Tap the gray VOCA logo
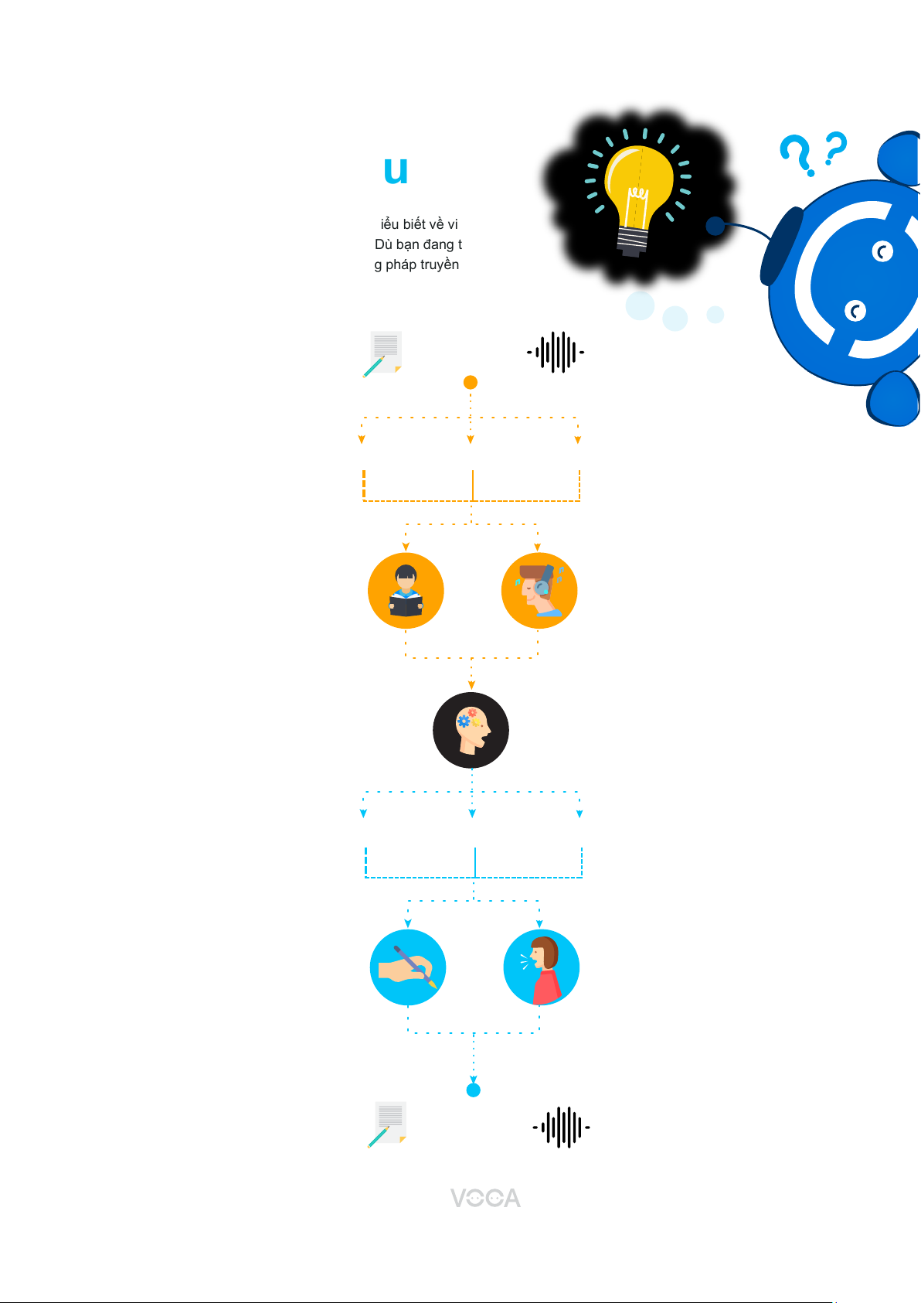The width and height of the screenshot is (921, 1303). point(485,1198)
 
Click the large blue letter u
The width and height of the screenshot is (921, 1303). point(396,171)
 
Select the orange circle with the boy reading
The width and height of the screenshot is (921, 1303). point(406,591)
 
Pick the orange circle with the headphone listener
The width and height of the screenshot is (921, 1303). point(539,591)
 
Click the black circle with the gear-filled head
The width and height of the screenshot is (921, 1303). point(471,730)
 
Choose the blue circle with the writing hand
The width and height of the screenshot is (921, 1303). point(408,967)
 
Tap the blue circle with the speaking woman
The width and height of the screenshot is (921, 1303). point(541,967)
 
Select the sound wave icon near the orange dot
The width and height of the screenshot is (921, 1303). point(556,352)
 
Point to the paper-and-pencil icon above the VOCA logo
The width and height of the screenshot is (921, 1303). point(388,1124)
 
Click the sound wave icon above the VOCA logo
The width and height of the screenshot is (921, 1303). point(562,1127)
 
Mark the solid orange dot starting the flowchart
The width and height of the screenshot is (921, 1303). point(470,382)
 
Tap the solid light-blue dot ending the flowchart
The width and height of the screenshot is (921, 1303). point(474,1090)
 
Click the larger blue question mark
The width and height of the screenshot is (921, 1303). point(797,155)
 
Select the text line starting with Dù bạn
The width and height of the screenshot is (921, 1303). point(418,244)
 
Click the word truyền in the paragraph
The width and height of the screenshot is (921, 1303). point(440,264)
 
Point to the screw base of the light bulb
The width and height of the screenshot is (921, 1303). point(632,241)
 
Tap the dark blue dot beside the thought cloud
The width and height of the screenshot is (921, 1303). point(715,226)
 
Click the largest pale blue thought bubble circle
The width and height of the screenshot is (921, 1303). point(640,305)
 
